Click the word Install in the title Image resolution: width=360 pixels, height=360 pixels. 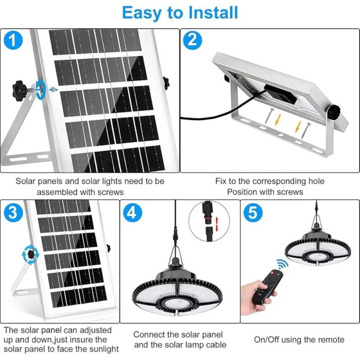[x=213, y=13]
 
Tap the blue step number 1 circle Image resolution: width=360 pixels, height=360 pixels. [x=13, y=40]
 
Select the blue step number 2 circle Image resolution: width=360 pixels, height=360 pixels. [x=193, y=40]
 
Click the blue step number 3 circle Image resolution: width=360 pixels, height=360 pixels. [x=13, y=212]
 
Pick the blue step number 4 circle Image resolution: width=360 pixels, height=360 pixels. [x=132, y=212]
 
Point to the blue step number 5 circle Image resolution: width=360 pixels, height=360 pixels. [x=253, y=212]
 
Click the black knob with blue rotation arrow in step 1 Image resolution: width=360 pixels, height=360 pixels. [x=19, y=87]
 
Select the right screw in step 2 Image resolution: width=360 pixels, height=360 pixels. [x=306, y=130]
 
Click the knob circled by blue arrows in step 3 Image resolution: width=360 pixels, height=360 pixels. [x=30, y=254]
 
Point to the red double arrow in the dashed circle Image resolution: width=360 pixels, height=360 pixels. [x=216, y=225]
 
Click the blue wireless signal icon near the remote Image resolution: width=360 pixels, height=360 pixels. [x=282, y=263]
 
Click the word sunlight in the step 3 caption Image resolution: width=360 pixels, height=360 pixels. [x=104, y=349]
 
